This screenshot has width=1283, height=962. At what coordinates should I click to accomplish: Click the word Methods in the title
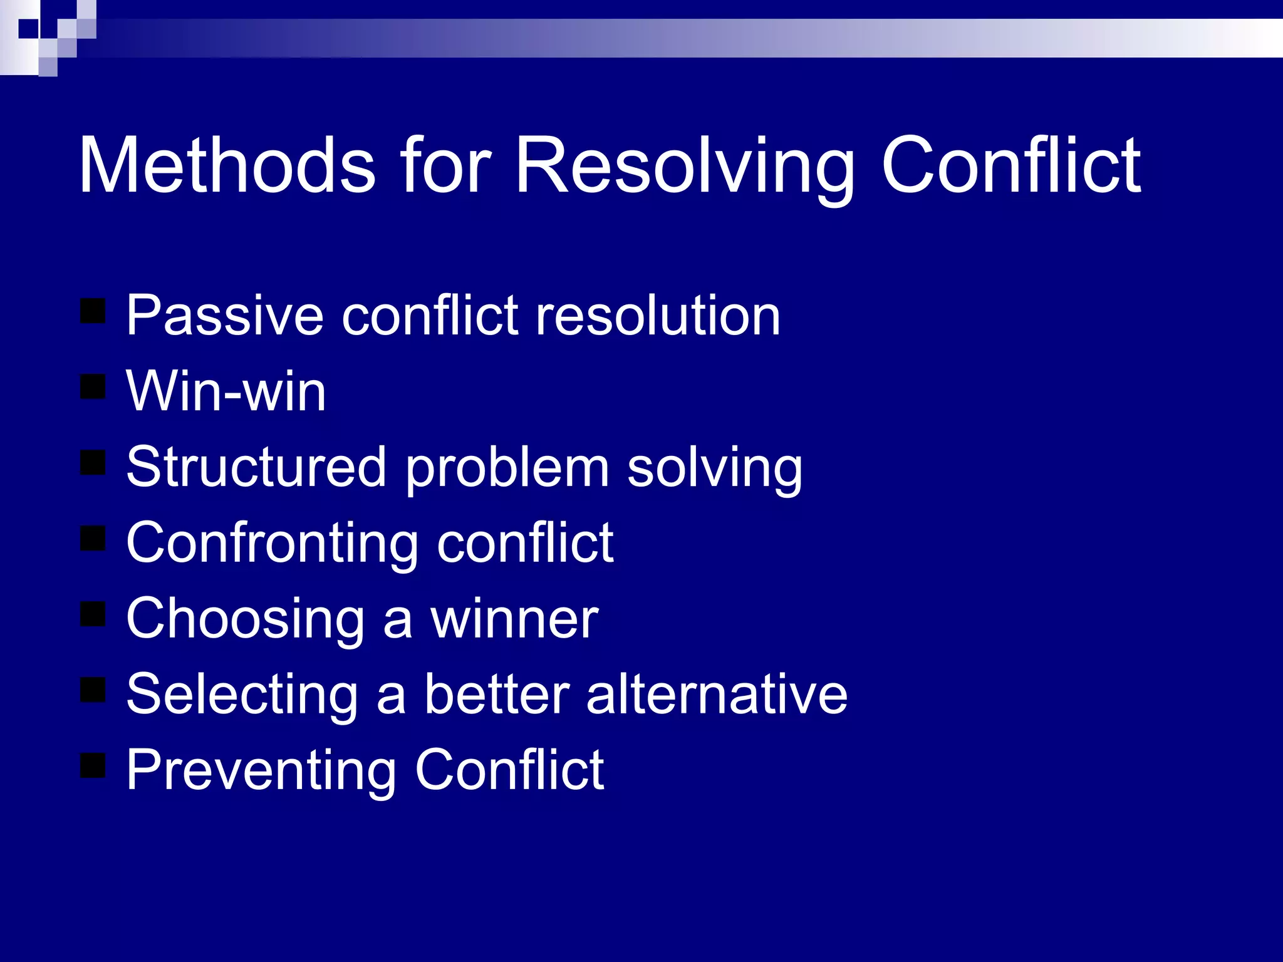[227, 165]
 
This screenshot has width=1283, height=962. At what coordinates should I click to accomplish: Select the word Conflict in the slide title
[1010, 165]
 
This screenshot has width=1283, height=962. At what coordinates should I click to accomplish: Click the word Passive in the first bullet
[224, 316]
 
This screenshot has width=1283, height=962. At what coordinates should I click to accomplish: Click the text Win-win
[226, 391]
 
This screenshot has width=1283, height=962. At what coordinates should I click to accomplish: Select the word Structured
[256, 467]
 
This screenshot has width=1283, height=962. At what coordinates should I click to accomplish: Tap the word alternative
[717, 694]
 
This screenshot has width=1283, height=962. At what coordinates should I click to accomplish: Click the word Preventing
[261, 771]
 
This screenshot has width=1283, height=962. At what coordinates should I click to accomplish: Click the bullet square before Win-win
[93, 386]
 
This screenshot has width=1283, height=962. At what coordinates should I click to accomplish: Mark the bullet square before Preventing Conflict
[93, 765]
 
